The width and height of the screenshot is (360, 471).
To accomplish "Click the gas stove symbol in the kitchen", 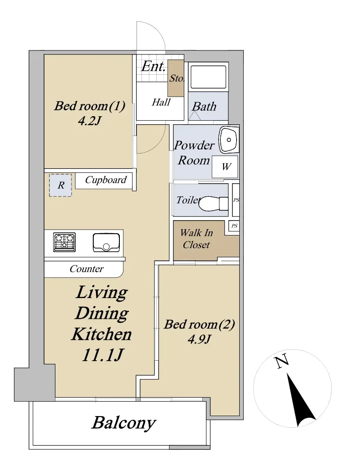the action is pos(64,242).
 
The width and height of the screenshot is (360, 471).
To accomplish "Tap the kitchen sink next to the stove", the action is pos(106,242).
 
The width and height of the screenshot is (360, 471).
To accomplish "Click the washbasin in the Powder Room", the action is pos(228,140).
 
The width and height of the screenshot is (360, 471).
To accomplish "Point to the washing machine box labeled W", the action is pos(225,167).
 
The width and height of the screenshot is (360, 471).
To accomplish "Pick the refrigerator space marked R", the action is pos(60,186).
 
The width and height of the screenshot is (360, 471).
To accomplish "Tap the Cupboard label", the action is pos(105,180).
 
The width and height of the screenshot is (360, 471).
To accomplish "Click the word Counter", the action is pos(87,268).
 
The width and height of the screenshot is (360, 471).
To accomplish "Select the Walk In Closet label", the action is pos(196,239).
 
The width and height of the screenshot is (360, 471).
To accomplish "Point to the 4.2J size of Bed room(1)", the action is pos(89,121).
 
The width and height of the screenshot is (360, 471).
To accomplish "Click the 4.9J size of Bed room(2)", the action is pos(199,339).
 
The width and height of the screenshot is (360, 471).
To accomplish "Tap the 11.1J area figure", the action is pos(102,355).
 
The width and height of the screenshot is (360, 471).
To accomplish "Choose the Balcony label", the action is pos(123,423).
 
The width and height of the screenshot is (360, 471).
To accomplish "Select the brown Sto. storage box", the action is pos(176,78).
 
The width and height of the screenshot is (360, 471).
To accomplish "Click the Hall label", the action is pos(161,102).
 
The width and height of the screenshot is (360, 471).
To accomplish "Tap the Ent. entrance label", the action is pos(153,66).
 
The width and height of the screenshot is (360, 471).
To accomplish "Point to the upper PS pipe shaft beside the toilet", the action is pos(236,200).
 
